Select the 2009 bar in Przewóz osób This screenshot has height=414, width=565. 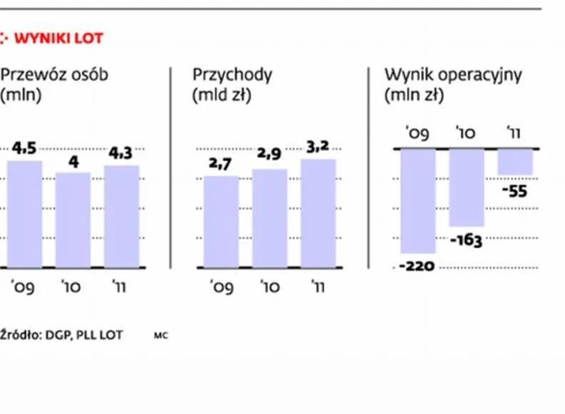[x=24, y=214]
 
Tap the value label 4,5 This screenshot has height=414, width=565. [x=24, y=149]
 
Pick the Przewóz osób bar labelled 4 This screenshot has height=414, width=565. [x=73, y=219]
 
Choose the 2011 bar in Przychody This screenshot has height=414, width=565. [x=318, y=213]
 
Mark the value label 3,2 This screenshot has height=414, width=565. [x=318, y=148]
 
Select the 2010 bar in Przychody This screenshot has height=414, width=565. [x=270, y=218]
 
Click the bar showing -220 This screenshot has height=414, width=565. [x=418, y=201]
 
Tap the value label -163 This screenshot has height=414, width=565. [x=467, y=240]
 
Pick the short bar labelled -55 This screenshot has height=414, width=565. [x=515, y=162]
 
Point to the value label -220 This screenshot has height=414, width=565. [x=418, y=266]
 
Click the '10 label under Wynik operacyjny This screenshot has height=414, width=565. [x=467, y=132]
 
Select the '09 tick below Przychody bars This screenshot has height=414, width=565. [x=221, y=287]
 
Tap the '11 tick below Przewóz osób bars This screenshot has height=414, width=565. [x=121, y=287]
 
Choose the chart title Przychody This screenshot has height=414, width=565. [x=233, y=74]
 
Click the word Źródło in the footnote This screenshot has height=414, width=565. [x=19, y=335]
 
